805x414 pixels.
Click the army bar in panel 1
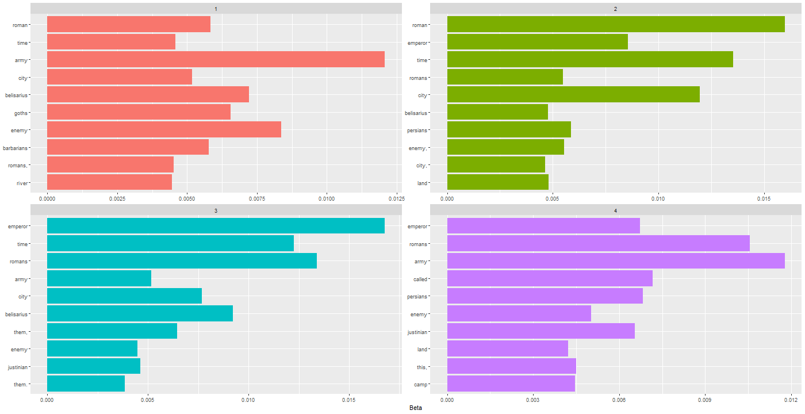tap(216, 59)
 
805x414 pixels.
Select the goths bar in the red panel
tap(139, 112)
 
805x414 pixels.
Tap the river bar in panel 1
tap(109, 182)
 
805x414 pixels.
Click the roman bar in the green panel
tap(615, 24)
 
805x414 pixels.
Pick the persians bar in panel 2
tap(509, 130)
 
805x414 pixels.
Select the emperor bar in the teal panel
tap(216, 226)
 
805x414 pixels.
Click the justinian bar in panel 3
tap(94, 366)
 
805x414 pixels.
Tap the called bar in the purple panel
tap(550, 279)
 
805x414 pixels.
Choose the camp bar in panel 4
tap(511, 384)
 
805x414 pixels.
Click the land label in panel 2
tap(422, 183)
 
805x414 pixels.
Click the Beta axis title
tap(415, 408)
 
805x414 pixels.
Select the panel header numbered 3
tap(216, 211)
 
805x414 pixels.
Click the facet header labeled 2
tap(615, 9)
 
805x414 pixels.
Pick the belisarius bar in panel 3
tap(140, 314)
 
